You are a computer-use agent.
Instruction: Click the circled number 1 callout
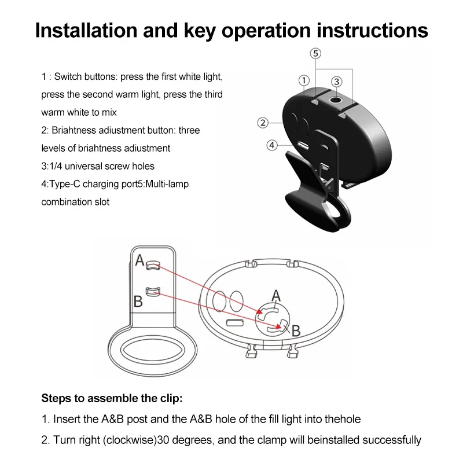(303, 80)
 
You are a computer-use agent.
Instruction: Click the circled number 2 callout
(263, 122)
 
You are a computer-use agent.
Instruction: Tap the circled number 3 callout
(337, 81)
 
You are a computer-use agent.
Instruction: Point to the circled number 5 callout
(315, 54)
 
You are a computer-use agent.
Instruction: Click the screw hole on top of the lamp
(335, 101)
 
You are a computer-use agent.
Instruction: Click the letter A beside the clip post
(139, 260)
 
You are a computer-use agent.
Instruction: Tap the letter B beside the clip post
(138, 301)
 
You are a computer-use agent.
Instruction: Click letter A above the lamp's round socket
(276, 296)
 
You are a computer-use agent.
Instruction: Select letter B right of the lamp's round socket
(296, 331)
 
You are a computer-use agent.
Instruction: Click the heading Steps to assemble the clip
(112, 398)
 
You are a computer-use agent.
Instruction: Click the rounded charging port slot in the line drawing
(235, 322)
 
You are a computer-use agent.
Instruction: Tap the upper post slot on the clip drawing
(153, 265)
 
